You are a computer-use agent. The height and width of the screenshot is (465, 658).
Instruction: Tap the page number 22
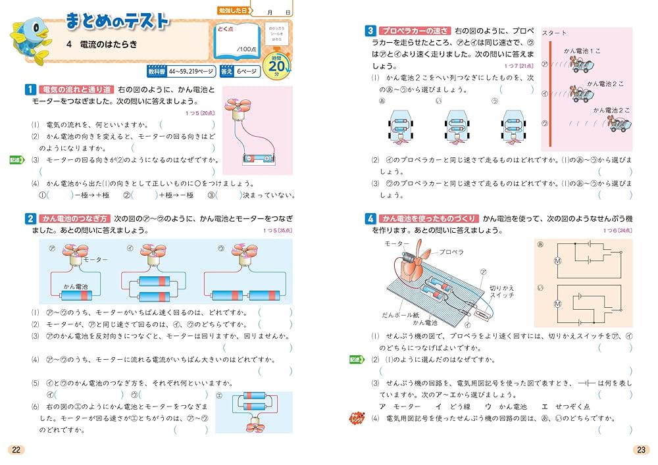16,450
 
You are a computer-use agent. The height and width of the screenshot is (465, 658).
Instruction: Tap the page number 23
640,450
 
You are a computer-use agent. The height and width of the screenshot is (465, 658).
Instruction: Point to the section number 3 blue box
370,30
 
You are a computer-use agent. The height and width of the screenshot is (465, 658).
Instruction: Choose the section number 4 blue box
370,218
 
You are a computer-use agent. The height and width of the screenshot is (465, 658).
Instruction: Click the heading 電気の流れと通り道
77,89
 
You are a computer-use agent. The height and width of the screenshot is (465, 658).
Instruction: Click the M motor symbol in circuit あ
557,260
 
